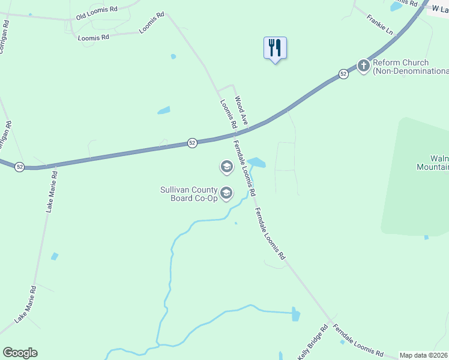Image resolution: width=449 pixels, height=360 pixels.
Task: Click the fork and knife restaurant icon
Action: coord(275,47)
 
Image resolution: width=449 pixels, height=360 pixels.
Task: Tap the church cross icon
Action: coord(363,65)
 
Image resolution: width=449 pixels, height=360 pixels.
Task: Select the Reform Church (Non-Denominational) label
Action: coord(408,67)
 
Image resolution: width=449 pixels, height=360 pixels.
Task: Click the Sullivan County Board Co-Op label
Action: coord(188,194)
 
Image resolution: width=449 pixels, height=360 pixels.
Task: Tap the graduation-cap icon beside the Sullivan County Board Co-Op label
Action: coord(226,193)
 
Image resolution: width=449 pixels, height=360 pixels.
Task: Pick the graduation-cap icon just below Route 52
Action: coord(226,166)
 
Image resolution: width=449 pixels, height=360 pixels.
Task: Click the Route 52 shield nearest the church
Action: coord(343,74)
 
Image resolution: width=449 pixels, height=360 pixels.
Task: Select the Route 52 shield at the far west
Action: coord(20,167)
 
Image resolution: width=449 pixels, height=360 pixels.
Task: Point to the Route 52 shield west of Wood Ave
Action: coord(191,143)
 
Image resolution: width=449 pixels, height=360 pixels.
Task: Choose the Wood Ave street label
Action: coord(241,111)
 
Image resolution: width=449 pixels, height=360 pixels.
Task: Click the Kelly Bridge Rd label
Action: coord(314,343)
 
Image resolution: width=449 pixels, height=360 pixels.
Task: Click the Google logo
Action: coord(20,353)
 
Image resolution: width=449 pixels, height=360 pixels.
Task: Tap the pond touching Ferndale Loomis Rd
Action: coord(256,162)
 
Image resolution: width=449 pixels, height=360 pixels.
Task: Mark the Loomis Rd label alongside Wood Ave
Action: coord(228,114)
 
